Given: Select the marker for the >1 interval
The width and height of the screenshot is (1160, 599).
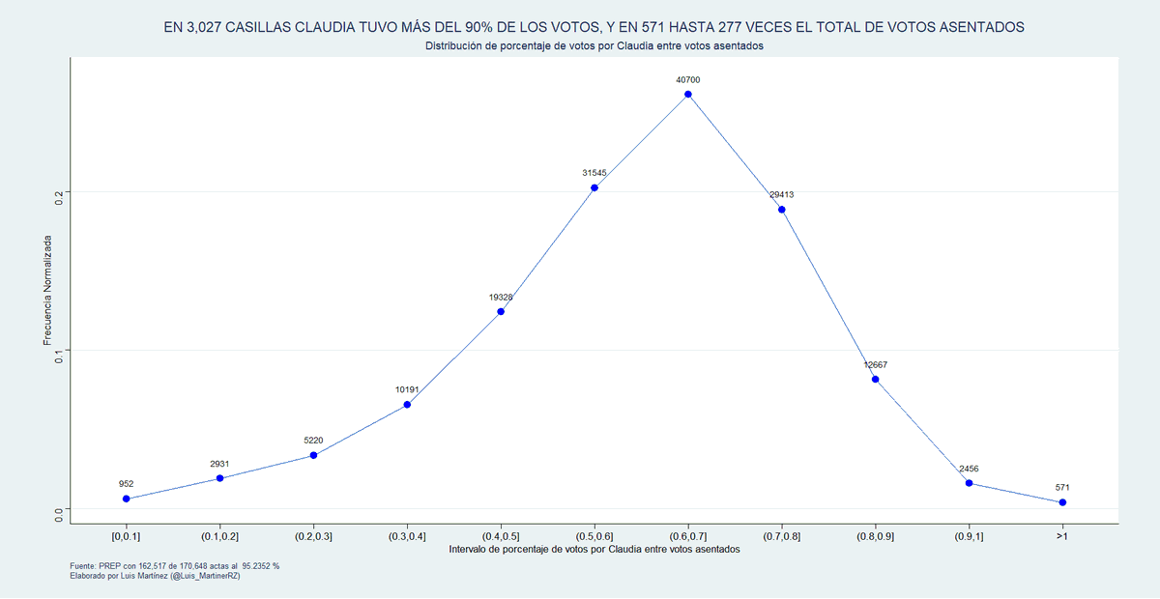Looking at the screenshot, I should [x=1062, y=502].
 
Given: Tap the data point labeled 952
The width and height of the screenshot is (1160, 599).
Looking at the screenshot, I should [x=127, y=499].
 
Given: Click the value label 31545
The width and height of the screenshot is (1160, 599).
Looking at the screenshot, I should [x=594, y=173].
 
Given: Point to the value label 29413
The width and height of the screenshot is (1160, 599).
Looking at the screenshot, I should [x=782, y=194].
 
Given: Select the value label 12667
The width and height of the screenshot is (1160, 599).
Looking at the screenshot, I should [x=876, y=365].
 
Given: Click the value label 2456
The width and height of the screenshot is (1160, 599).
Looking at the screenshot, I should [x=969, y=469].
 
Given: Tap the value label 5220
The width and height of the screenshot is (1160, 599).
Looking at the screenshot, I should [x=313, y=441].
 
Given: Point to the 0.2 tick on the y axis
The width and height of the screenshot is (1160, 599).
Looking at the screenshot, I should [x=59, y=192].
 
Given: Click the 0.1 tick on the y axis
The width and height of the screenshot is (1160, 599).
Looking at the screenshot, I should [x=59, y=351].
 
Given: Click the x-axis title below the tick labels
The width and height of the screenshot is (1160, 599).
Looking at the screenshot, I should [x=594, y=549].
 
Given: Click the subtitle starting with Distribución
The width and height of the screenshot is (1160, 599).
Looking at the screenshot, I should [x=594, y=46].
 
